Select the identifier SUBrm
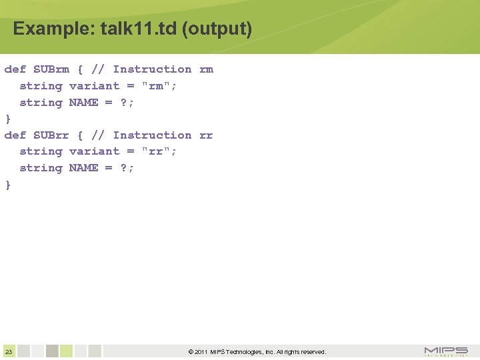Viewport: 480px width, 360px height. (51, 69)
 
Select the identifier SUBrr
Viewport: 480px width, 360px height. (51, 135)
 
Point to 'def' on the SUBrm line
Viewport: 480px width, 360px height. (15, 69)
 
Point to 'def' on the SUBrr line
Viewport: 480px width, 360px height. (15, 135)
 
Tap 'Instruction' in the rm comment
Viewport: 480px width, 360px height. (152, 69)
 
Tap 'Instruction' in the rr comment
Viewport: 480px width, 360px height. (152, 135)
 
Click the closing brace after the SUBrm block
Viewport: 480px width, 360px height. (8, 119)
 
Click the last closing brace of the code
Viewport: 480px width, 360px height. (8, 185)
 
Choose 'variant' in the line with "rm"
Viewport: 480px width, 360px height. (94, 86)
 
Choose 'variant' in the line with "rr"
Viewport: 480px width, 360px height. (94, 152)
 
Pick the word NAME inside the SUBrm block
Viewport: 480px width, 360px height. (83, 103)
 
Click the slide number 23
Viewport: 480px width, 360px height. (9, 352)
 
